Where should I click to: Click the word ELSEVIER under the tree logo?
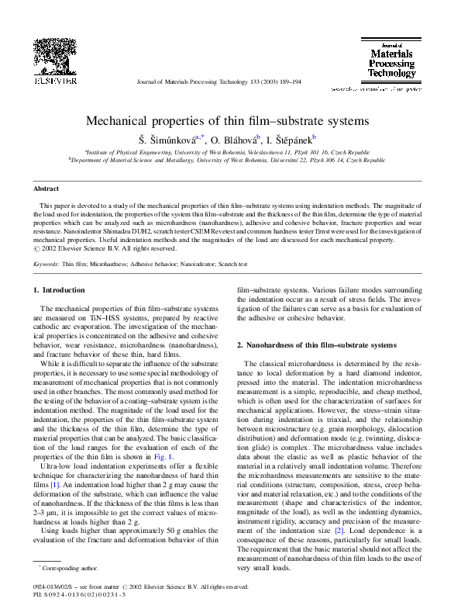[x=53, y=80]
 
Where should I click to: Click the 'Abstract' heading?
[x=46, y=189]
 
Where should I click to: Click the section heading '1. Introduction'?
[x=59, y=290]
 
